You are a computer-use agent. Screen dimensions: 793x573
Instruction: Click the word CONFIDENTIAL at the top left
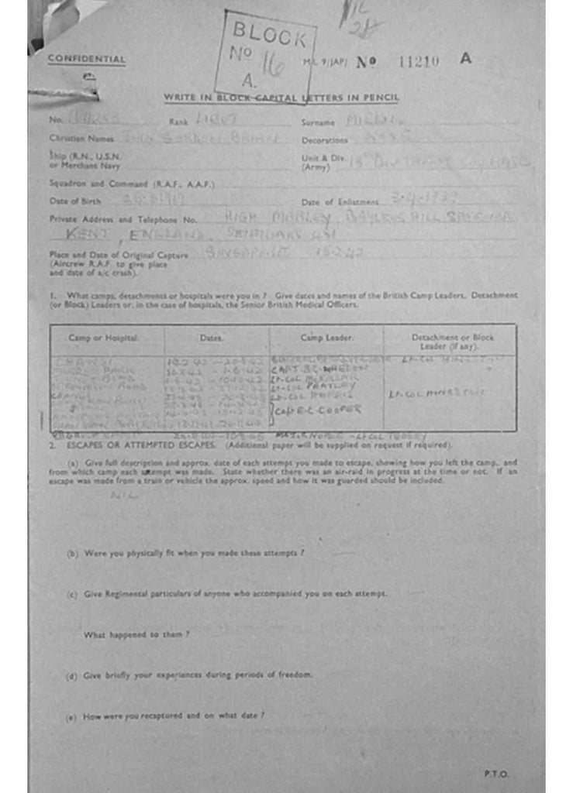click(x=86, y=60)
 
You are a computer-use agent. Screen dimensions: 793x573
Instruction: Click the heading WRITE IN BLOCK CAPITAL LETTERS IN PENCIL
click(x=281, y=98)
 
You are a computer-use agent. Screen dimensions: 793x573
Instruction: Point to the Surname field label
click(x=318, y=122)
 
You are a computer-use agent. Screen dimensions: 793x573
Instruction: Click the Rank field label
click(x=179, y=122)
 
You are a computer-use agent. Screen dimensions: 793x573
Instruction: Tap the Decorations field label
click(x=324, y=140)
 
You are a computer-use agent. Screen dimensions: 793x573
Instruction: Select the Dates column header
click(x=212, y=338)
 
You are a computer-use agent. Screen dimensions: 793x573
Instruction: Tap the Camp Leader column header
click(x=326, y=338)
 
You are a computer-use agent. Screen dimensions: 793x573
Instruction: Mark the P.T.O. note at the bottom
click(x=495, y=774)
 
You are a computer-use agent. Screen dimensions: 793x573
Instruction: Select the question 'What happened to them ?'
click(x=136, y=634)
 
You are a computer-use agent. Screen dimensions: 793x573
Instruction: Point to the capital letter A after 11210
click(x=465, y=58)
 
